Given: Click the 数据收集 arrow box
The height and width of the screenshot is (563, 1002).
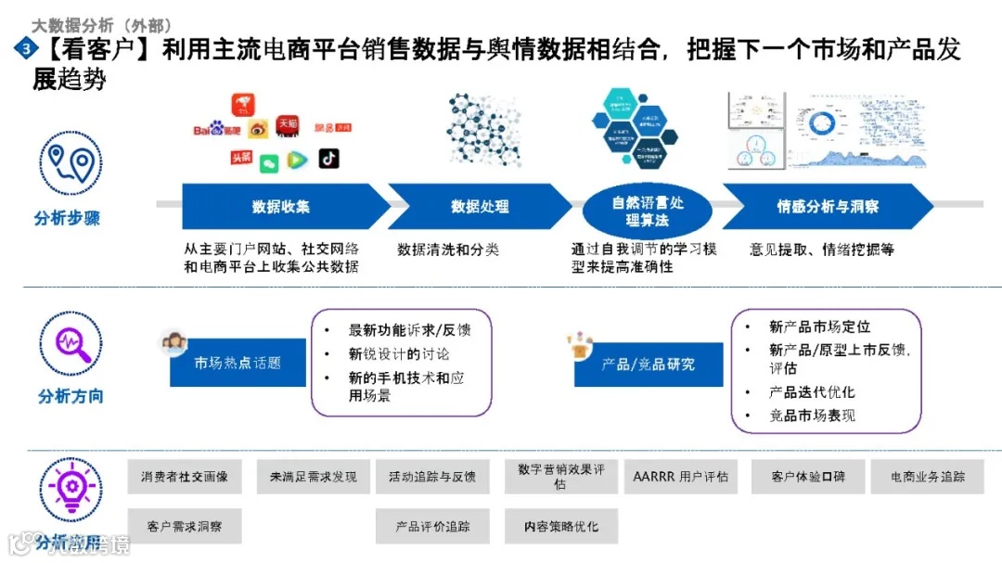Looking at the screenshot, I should pos(281,207).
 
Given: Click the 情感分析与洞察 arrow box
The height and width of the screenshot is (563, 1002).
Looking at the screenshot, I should pos(827,207).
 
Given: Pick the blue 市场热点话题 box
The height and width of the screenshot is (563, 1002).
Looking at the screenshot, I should pos(238,363).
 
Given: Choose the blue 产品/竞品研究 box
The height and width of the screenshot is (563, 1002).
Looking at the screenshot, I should pos(648,364).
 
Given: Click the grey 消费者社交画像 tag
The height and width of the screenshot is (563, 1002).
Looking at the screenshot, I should pos(184,477).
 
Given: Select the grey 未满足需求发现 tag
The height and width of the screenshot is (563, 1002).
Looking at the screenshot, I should pos(313,477).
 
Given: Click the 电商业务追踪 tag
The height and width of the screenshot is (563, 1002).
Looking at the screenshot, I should pos(928,477).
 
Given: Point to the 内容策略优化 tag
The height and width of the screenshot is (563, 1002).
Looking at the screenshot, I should pos(561,526).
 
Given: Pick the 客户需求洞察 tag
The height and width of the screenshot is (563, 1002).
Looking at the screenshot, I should pos(184,526).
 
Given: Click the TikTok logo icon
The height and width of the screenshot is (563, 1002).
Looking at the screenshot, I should pos(328,159).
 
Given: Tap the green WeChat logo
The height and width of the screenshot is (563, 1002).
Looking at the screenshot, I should pos(268,163).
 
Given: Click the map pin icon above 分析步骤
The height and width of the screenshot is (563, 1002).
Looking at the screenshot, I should pos(71,163).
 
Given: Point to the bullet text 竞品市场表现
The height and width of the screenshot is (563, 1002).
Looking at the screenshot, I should pos(812,416).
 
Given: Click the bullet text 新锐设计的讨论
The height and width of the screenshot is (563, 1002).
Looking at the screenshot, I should pos(399,353).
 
